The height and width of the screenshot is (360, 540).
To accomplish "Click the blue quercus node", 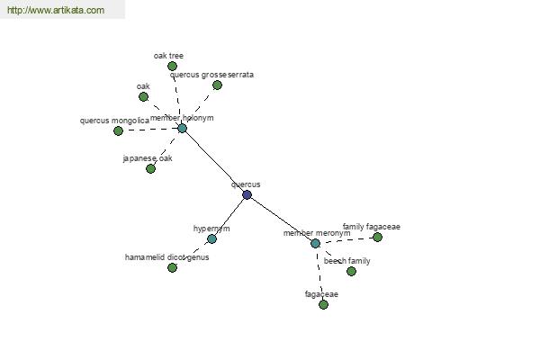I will (x=247, y=194).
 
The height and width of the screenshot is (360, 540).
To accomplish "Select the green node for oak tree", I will (x=172, y=66).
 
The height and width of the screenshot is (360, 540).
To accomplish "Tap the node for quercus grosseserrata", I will (x=217, y=85).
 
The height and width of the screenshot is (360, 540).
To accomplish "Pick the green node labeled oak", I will (x=143, y=96).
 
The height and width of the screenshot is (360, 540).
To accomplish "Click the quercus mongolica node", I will (x=118, y=130).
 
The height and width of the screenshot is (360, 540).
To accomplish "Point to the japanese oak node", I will (x=150, y=168).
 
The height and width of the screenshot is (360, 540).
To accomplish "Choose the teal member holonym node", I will (x=182, y=128).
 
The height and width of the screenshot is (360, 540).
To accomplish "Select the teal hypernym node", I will (x=211, y=238).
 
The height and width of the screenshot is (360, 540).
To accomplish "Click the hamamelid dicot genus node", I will (x=172, y=267).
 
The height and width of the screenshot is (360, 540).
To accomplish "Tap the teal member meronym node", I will (x=315, y=243).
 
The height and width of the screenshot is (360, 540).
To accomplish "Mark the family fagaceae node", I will (x=377, y=237).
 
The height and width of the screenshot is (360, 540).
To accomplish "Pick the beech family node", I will (x=351, y=271).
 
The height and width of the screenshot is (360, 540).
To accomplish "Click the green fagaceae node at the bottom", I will (x=323, y=304).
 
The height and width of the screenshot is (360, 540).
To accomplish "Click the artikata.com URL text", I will (x=56, y=11).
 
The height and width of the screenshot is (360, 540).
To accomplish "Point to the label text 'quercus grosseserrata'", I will (x=212, y=75).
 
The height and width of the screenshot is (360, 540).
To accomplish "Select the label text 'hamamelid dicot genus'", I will (x=166, y=257).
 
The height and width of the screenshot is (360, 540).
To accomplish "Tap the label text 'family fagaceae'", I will (x=371, y=227).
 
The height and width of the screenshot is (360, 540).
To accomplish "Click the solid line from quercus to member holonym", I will (x=214, y=161).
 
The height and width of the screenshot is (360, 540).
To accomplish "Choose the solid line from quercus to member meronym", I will (x=281, y=219).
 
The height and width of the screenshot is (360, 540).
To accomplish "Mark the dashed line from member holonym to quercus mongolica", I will (x=150, y=130).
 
